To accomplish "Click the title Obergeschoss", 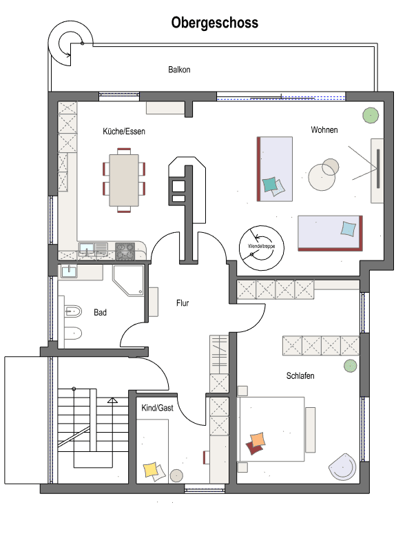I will [x=214, y=23].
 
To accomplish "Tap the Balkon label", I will [x=179, y=70].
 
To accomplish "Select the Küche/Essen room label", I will [x=124, y=130].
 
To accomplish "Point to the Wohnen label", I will [x=324, y=130].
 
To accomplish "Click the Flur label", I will [x=183, y=302].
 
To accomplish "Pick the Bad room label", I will [x=100, y=312].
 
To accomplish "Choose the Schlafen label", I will [x=301, y=375].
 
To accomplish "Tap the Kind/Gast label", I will [x=157, y=408].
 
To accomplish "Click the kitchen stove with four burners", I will [x=125, y=249].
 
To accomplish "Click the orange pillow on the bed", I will [x=258, y=440].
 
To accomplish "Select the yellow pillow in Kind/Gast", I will [x=150, y=471].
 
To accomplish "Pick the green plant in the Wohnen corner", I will [x=371, y=114].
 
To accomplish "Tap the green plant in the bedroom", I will [x=351, y=365].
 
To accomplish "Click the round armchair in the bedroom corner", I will [x=343, y=466].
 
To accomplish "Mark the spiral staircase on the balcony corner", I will [x=71, y=42].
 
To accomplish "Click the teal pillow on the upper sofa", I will [x=270, y=184].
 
